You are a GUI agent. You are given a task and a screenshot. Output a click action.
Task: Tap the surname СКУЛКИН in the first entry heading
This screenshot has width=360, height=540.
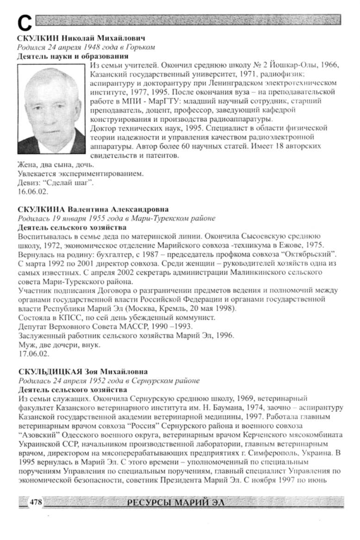click(x=36, y=39)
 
